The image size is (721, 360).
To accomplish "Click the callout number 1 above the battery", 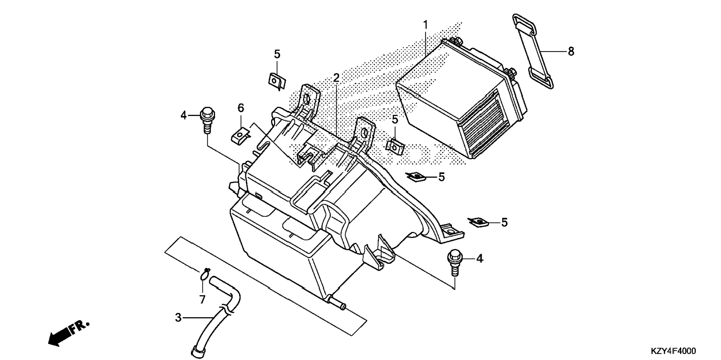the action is [425, 25].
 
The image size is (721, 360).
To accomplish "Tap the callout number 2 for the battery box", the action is [336, 78].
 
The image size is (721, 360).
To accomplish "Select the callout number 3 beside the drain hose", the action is [178, 318].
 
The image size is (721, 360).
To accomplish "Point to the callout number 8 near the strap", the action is [571, 51].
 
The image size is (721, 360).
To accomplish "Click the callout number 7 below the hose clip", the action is [202, 299].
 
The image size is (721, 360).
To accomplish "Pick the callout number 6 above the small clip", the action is [241, 108].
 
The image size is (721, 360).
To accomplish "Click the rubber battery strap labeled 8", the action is [533, 51].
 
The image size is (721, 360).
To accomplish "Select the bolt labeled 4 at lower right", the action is [453, 263].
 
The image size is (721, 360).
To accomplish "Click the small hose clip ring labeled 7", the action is [204, 275].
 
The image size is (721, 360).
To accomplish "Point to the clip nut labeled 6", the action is [240, 135].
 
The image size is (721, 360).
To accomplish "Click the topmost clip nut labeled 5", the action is [277, 81].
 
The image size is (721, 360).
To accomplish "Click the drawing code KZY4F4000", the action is [673, 351].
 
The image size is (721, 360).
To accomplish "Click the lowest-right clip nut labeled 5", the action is [479, 222].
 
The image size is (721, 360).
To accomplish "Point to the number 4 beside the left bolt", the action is [183, 116].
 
